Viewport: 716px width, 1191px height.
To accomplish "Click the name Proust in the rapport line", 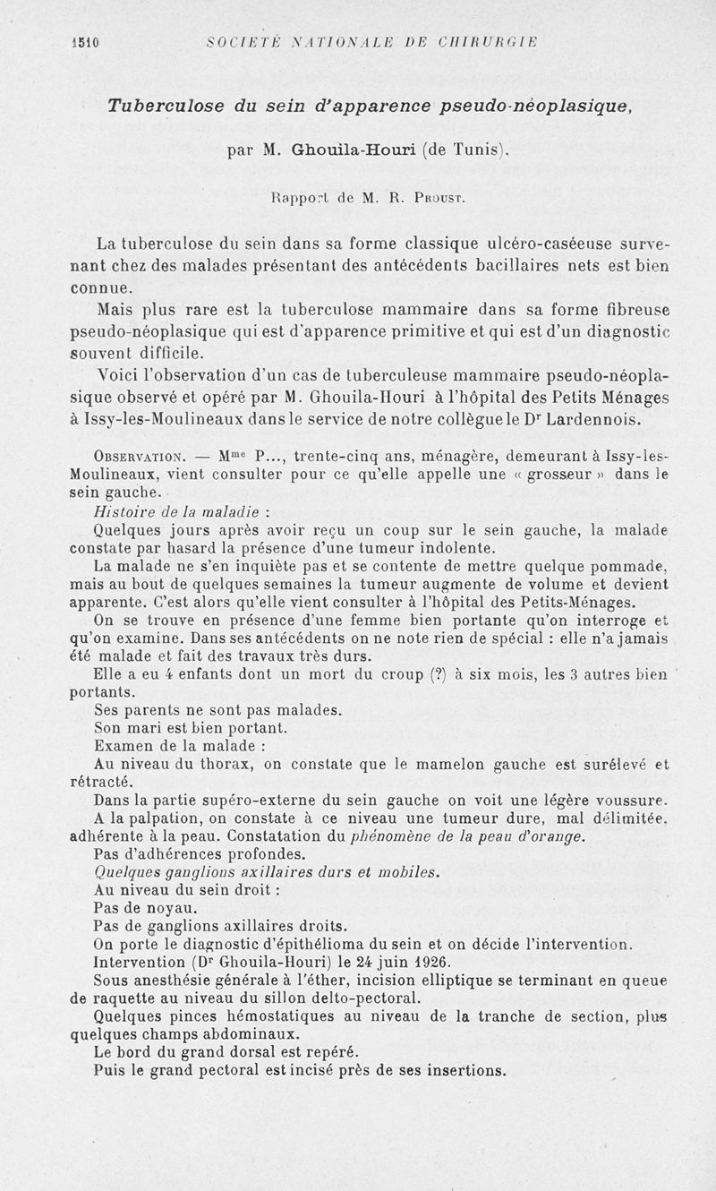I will [x=415, y=192].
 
